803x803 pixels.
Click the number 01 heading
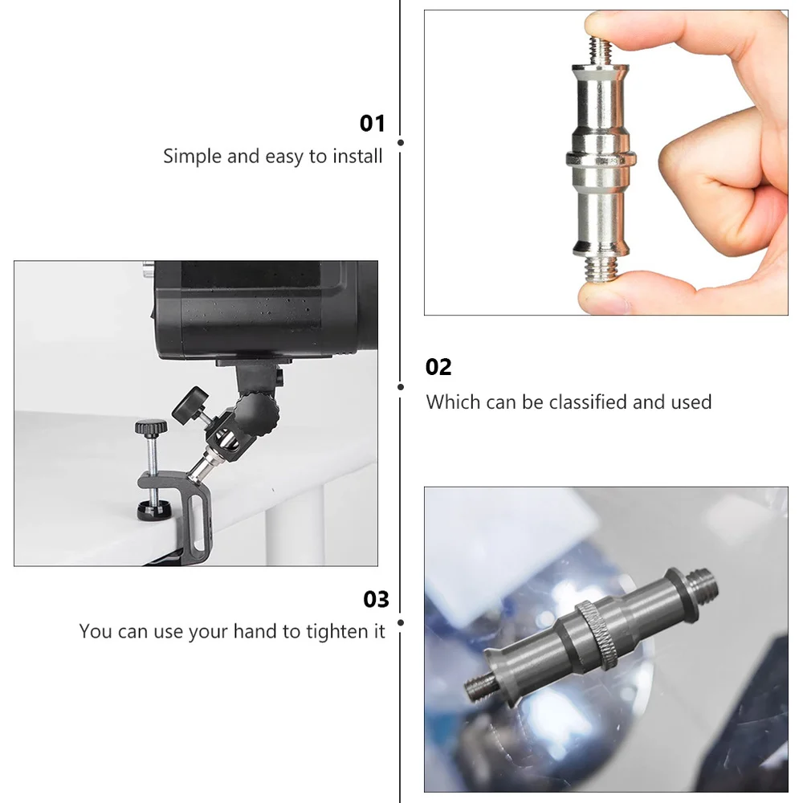tap(372, 124)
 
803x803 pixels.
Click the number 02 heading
tap(438, 367)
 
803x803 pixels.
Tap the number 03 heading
tap(376, 599)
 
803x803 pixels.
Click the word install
tap(357, 156)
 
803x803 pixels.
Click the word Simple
tap(193, 157)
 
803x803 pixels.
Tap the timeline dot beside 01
tap(401, 142)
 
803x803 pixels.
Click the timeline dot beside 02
tap(401, 387)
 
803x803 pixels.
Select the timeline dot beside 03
tap(401, 623)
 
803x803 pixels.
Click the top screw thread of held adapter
tap(601, 51)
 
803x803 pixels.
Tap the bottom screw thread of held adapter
tap(601, 268)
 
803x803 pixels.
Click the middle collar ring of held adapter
tap(601, 159)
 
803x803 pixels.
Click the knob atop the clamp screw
tap(151, 426)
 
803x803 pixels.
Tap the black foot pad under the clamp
tap(153, 509)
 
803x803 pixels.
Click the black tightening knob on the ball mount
tap(190, 401)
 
